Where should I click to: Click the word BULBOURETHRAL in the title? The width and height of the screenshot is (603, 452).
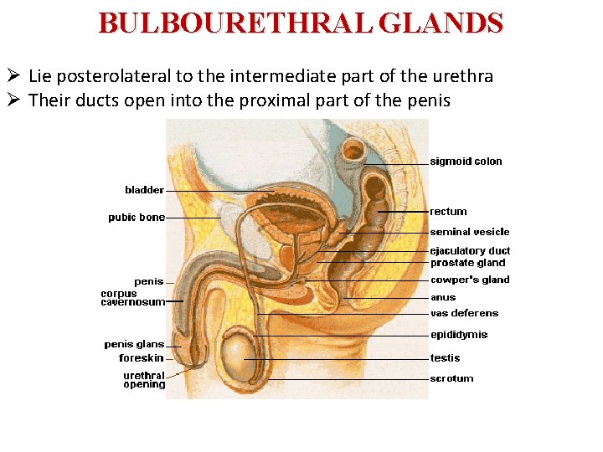236,23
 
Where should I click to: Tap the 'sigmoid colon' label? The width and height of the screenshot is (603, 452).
466,162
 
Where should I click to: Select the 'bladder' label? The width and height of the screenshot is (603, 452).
144,190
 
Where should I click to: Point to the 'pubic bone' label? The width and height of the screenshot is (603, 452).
137,218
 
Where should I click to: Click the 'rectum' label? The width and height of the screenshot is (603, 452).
448,212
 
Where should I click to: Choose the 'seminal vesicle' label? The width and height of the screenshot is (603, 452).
469,232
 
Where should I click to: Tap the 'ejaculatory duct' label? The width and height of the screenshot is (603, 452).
469,251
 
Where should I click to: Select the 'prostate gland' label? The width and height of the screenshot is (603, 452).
467,263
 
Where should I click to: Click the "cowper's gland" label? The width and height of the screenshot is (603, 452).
469,280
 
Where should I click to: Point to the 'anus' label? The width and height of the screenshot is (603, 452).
443,297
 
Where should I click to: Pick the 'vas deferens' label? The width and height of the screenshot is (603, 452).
464,314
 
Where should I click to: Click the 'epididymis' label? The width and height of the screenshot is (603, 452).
459,335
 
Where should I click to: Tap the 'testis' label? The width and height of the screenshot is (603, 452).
445,358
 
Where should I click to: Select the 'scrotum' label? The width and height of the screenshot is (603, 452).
451,378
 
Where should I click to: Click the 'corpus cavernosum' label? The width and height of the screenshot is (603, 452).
132,298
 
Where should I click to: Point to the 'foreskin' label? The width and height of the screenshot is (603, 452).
142,358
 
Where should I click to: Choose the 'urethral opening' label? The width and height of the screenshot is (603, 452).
144,380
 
